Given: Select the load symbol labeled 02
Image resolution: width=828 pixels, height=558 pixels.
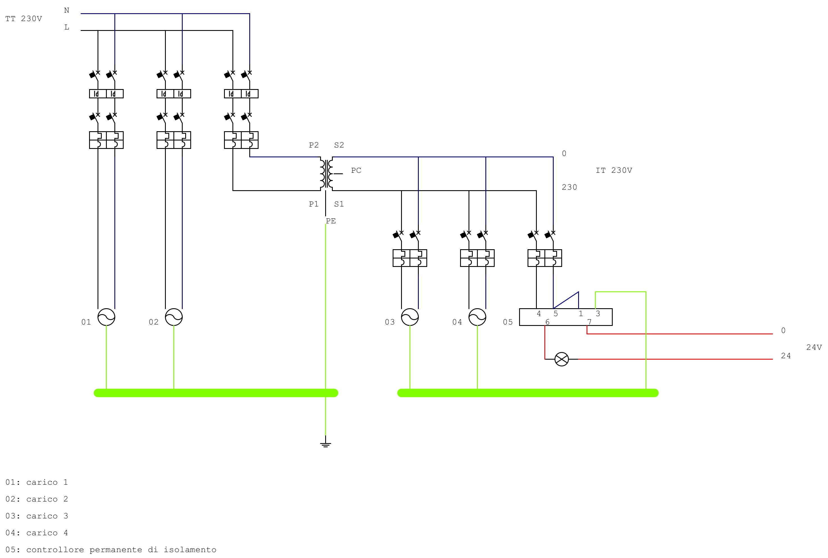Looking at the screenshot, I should click(x=174, y=317).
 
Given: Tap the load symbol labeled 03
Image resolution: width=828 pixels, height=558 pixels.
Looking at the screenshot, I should click(x=410, y=317).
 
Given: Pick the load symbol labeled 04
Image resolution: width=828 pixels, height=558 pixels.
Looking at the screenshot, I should click(x=477, y=317).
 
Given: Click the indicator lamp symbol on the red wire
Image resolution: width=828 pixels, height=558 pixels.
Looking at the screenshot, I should click(x=562, y=359).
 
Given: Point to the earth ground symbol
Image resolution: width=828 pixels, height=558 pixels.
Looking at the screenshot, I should click(x=325, y=444).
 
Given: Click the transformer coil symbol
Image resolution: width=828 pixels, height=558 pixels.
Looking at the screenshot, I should click(x=326, y=174).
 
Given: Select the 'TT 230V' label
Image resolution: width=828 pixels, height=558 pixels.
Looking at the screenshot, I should click(x=24, y=19).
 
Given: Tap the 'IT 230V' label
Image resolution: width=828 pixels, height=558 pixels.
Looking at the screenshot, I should click(x=614, y=171).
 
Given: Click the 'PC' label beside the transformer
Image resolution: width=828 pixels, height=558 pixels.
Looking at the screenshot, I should click(x=356, y=171).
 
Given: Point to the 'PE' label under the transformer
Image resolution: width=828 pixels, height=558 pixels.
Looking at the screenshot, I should click(x=331, y=221).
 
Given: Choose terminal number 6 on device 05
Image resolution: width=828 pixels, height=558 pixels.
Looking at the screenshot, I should click(x=547, y=322).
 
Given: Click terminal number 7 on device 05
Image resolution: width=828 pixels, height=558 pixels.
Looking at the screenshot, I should click(x=589, y=322).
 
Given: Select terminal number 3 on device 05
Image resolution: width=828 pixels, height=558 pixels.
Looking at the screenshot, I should click(x=598, y=314).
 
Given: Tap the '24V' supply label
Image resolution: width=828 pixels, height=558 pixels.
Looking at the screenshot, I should click(x=814, y=347).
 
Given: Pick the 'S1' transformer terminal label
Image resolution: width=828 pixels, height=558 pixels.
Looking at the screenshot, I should click(x=339, y=204).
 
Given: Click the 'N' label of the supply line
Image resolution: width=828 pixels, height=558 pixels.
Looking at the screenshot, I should click(x=67, y=10).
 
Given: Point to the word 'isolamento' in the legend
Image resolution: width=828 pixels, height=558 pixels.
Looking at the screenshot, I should click(x=190, y=550).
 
